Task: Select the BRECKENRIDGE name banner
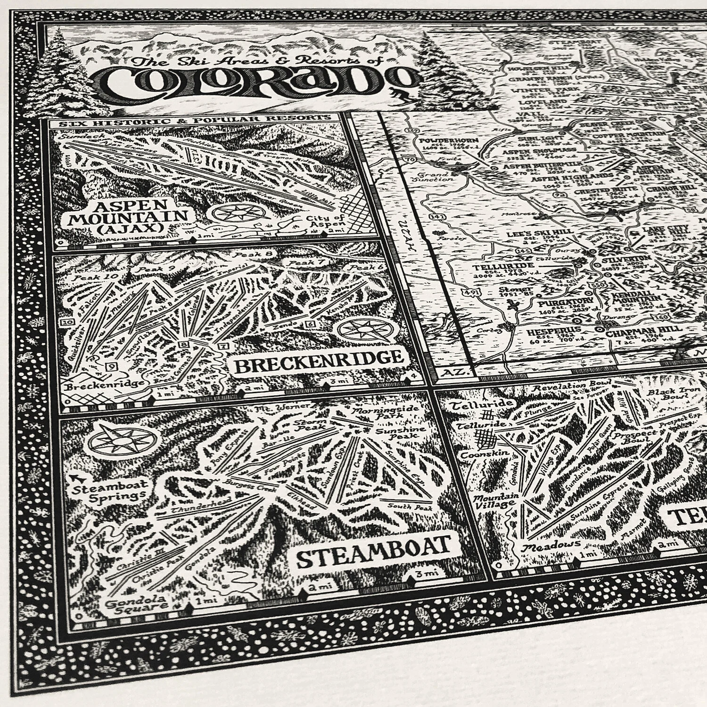tap(318, 361)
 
